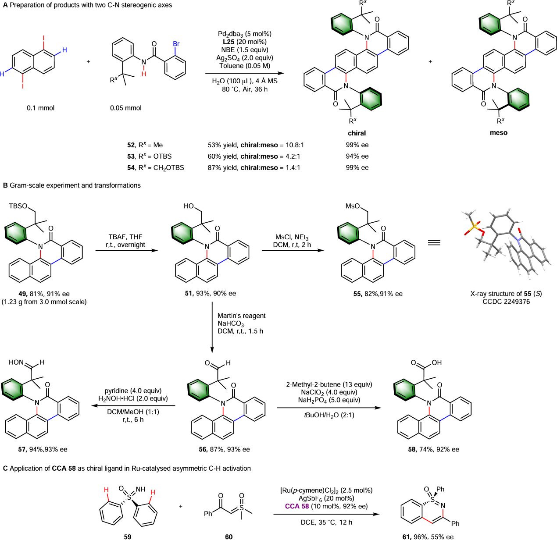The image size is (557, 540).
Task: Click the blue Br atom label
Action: pos(176,44)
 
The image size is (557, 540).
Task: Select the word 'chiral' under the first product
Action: pos(357,133)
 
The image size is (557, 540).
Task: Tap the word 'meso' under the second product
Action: pos(499,133)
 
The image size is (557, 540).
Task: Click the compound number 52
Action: pos(131,145)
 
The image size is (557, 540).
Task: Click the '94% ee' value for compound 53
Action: pos(357,156)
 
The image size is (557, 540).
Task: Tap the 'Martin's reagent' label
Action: pos(241,316)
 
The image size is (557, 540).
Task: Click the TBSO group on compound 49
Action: pos(18,206)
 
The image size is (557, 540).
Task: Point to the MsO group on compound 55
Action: pos(353,206)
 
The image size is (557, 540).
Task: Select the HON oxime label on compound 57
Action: pos(16,362)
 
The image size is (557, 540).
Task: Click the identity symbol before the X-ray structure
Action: pos(434,243)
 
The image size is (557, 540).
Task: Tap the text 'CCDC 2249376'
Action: pos(506,302)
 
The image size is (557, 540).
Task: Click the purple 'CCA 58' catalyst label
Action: pos(297,506)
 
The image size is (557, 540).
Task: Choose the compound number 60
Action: pos(229,536)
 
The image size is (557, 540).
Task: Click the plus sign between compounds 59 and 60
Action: pos(181,506)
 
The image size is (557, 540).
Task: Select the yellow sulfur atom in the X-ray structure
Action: pos(473,227)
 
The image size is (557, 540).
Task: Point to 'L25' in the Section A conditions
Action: pos(229,42)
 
